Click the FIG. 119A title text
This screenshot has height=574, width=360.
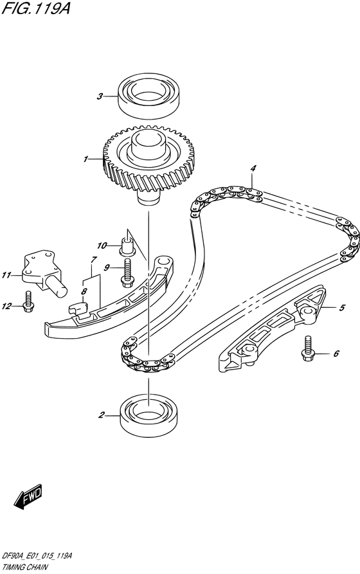pos(36,8)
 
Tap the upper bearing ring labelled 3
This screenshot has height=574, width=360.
pos(150,96)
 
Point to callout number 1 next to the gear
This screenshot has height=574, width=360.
pos(85,159)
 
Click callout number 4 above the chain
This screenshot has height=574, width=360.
pos(253,168)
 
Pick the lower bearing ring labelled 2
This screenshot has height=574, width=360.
pos(148,415)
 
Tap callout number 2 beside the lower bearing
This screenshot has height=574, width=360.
pos(102,415)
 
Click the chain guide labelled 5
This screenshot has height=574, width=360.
pos(273,329)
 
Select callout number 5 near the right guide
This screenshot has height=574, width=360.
pos(342,308)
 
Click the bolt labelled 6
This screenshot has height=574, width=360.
pos(308,348)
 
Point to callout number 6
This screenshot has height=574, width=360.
pos(336,354)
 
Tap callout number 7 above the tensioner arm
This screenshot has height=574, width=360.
pos(94,260)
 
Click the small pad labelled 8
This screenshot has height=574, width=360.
pos(79,309)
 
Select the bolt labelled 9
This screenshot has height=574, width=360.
pos(127,273)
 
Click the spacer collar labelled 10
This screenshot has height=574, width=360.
pos(127,246)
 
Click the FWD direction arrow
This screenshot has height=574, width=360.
pos(28,497)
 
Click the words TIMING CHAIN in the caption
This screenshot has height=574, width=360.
pos(24,568)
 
